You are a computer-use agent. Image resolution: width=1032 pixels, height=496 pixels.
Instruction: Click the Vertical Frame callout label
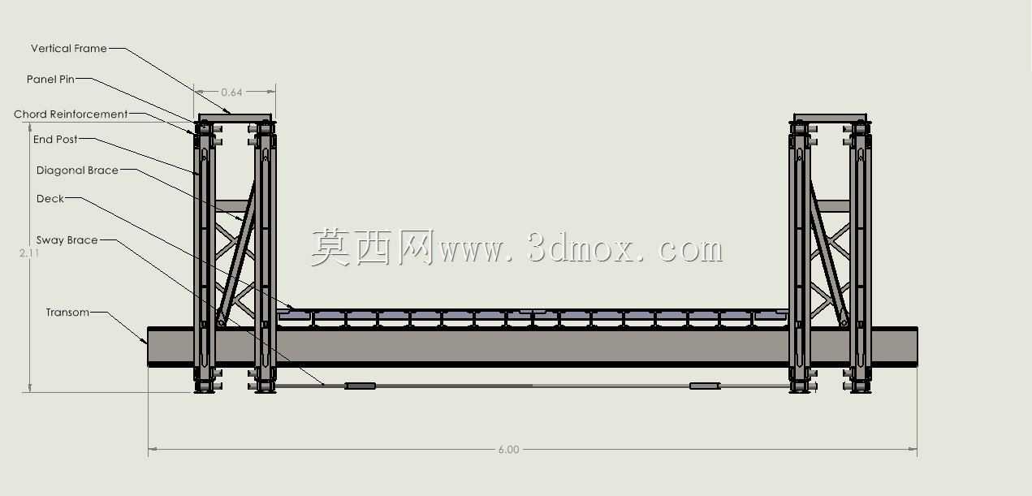coord(69,49)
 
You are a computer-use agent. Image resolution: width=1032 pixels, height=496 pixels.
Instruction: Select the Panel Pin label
coord(50,80)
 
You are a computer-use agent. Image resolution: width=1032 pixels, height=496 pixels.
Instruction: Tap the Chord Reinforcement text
coord(71,114)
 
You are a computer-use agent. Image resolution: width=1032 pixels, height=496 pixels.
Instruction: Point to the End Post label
coord(55,139)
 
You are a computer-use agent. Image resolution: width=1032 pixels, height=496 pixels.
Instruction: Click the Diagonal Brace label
coord(77,170)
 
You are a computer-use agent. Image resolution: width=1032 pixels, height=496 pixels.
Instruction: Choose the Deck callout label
coord(50,199)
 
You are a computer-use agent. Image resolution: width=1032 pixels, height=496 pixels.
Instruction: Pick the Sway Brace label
coord(67,240)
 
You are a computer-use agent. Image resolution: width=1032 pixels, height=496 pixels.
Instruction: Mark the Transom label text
coord(67,313)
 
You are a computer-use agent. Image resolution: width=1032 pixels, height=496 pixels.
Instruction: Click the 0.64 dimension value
coord(231,92)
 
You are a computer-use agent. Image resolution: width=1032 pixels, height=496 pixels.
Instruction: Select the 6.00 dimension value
coord(508,450)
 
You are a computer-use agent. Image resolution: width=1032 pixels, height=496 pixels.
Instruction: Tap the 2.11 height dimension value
coord(29,252)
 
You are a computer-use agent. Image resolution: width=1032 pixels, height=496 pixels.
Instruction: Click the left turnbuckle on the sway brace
coord(361,386)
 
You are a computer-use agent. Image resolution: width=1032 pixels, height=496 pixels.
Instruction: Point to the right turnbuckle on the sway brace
coord(705,386)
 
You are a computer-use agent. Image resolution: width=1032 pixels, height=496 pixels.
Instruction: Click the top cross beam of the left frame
coord(235,118)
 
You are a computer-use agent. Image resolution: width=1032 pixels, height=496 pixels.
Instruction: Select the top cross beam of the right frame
coord(830,118)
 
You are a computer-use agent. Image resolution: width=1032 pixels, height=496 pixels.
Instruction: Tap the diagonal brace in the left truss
coord(236,253)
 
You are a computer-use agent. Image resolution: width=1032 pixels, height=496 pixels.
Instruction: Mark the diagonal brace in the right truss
coord(828,253)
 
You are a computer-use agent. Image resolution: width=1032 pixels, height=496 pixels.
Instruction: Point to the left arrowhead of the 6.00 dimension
coord(153,449)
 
